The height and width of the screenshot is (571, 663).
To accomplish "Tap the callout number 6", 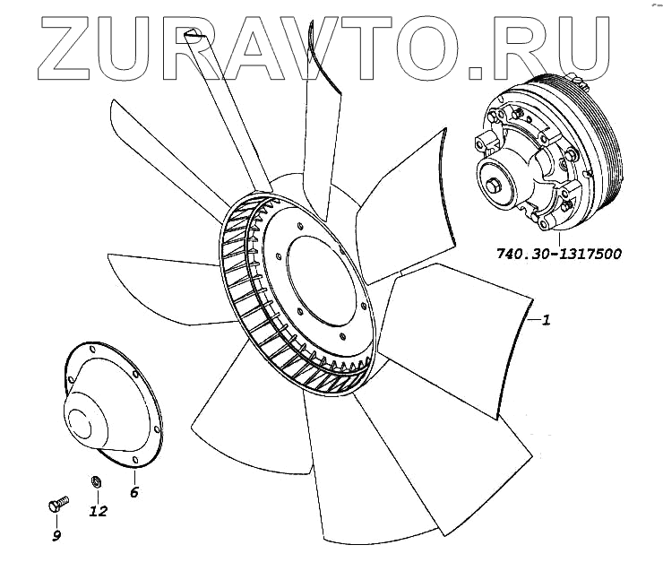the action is (x=134, y=491).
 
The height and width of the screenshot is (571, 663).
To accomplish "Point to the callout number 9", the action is (x=56, y=536).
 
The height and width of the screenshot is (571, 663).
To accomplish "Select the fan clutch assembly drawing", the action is (x=547, y=157).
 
